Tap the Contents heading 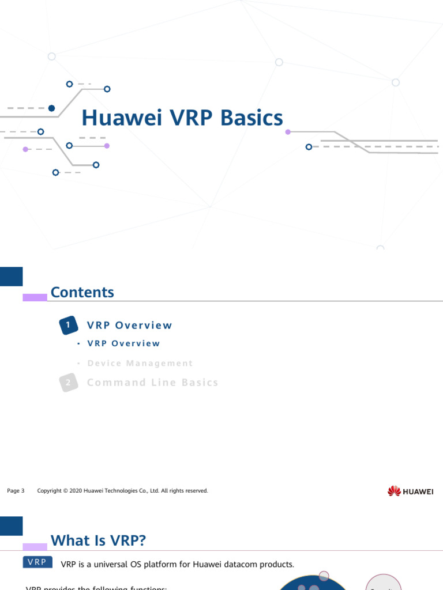click(x=82, y=292)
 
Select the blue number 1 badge click(x=68, y=326)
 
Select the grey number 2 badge click(x=68, y=383)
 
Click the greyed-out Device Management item click(x=140, y=364)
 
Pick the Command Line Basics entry click(x=153, y=383)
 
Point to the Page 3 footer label click(x=16, y=491)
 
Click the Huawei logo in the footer click(x=410, y=491)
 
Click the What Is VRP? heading click(x=99, y=540)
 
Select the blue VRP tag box click(x=37, y=562)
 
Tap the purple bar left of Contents click(x=35, y=297)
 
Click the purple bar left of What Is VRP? click(x=35, y=546)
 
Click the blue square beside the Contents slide click(x=11, y=277)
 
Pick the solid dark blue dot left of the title click(x=51, y=108)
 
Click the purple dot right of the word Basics click(x=288, y=132)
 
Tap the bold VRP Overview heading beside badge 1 click(x=130, y=326)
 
